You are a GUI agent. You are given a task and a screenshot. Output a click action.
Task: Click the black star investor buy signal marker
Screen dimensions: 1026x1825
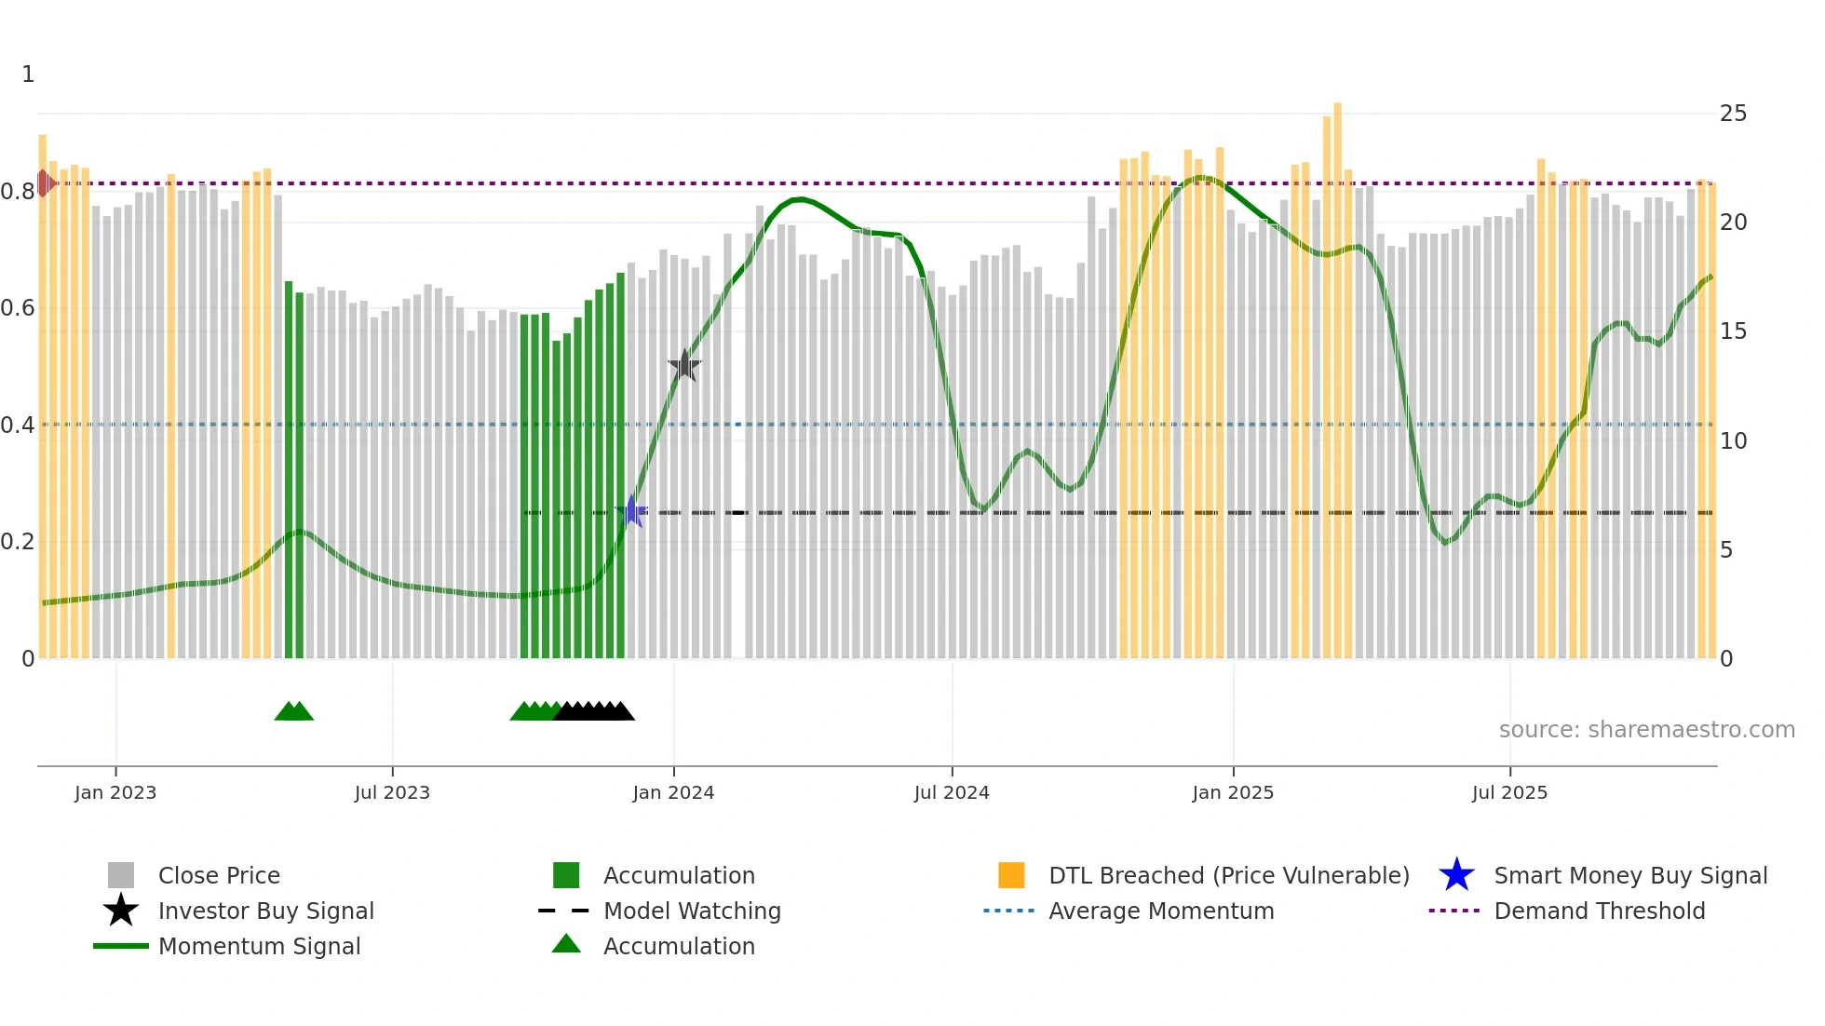[x=684, y=366]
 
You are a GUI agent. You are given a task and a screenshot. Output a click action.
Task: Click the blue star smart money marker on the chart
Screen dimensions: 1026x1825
[x=631, y=511]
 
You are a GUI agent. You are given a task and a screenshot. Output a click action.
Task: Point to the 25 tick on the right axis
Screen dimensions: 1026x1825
[x=1733, y=114]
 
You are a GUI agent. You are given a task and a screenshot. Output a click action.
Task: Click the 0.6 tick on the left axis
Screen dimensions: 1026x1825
[x=18, y=308]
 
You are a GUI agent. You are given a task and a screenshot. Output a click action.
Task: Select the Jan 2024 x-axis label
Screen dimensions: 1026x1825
[x=673, y=792]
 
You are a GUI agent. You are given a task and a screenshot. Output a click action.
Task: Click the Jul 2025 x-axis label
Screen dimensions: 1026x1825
[x=1509, y=792]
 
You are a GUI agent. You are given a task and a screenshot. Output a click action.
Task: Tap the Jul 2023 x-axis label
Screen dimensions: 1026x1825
[x=392, y=792]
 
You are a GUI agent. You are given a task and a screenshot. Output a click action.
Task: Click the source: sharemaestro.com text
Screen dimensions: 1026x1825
[x=1646, y=730]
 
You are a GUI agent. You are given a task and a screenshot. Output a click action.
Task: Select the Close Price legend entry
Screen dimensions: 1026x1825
[x=219, y=875]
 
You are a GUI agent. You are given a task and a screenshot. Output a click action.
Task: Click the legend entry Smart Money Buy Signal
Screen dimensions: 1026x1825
[x=1629, y=875]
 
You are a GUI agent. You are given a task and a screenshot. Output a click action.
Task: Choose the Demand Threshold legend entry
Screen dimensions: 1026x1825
[x=1599, y=911]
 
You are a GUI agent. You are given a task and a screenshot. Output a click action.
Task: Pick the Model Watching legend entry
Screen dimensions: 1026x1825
[x=692, y=911]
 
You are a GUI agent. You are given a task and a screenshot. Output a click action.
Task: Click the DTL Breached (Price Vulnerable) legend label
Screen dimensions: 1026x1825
[x=1228, y=875]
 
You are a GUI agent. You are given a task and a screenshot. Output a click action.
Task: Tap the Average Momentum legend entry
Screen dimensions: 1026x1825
[x=1160, y=911]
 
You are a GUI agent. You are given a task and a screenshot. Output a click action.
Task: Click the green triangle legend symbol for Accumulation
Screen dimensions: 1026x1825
[x=566, y=944]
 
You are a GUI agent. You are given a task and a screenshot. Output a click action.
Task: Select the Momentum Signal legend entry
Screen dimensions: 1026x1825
[x=259, y=946]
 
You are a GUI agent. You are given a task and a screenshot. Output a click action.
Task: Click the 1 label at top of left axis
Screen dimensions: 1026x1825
[x=28, y=74]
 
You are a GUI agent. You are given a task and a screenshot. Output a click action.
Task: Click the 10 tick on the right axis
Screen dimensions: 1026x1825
[x=1733, y=441]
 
